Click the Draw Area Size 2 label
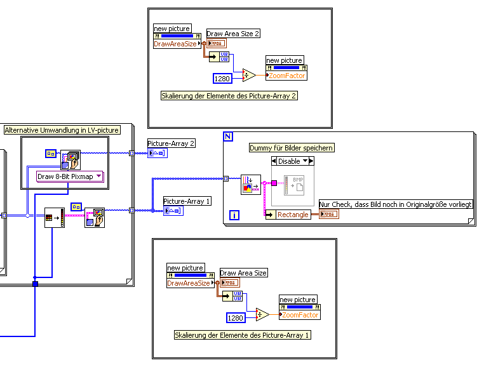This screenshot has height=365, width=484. point(233,33)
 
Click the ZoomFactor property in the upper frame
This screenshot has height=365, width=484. point(287,76)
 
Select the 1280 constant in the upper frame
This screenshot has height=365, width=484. point(222,79)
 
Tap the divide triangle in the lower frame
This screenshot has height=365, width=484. point(262,315)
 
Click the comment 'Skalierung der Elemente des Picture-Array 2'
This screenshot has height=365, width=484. point(229,96)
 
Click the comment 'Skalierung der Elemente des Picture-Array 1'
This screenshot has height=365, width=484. point(243,335)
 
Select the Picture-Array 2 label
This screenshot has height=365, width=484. point(171,143)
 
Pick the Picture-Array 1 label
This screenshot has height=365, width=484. point(187,201)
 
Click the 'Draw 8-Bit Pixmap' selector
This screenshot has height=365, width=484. point(70,176)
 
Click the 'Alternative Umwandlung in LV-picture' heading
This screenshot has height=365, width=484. point(62,129)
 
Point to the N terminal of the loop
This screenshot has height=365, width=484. point(229,136)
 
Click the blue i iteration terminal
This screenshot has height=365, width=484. point(234,215)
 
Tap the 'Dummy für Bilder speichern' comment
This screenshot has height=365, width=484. point(292,147)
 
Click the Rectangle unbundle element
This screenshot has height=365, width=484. point(293,215)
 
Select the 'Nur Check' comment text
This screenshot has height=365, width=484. point(396,204)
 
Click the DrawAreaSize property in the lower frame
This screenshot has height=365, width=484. point(188,283)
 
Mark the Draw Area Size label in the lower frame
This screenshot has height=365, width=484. point(243,273)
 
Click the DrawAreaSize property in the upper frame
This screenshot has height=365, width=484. point(175,44)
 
